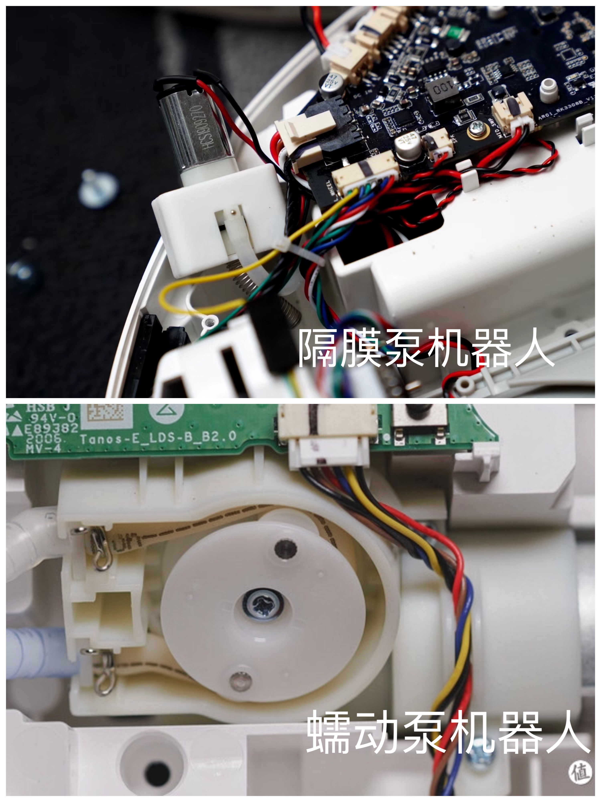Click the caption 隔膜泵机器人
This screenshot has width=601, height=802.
click(426, 348)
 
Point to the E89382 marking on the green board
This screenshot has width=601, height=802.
click(51, 429)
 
